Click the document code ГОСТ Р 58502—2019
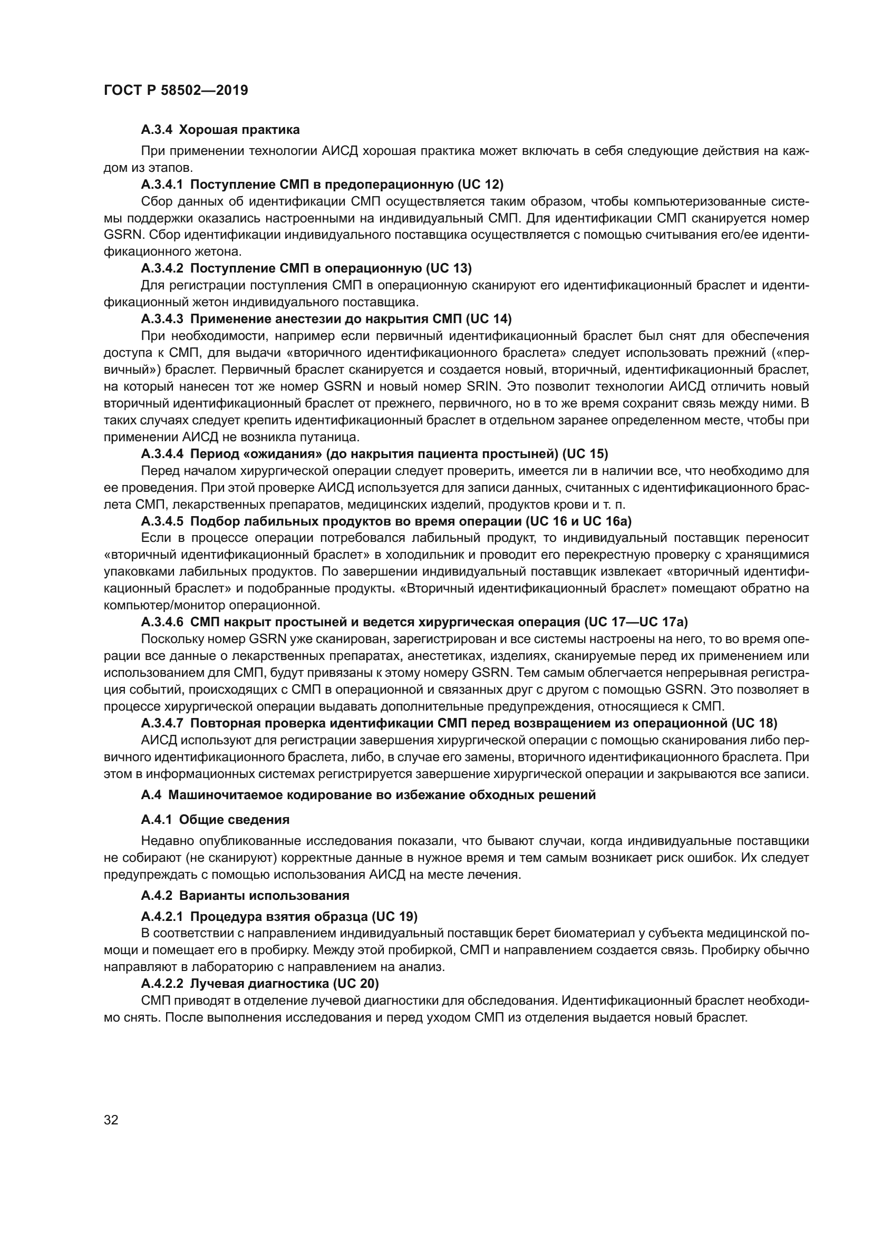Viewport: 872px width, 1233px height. pos(176,90)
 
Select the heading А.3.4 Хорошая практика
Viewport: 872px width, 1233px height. pos(220,130)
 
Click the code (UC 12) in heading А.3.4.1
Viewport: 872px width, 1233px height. pos(480,185)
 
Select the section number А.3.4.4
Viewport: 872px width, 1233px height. pos(162,454)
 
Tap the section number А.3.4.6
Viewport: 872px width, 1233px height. pos(162,622)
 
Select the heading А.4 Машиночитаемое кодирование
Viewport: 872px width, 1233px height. pos(369,795)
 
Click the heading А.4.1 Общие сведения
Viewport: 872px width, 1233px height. pos(215,820)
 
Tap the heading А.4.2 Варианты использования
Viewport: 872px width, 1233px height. pos(245,895)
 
